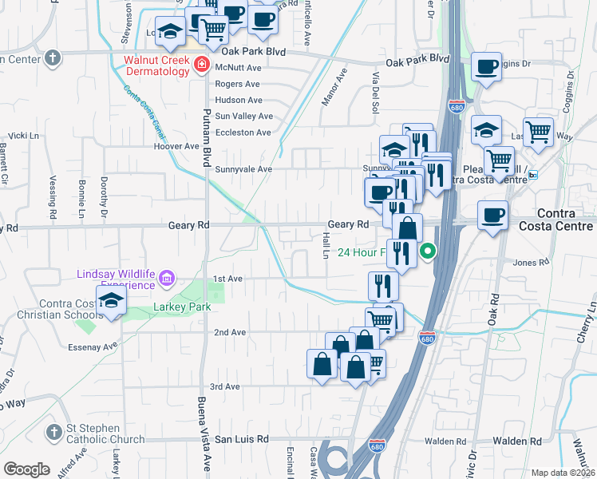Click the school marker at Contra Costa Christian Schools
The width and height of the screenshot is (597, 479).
[x=111, y=301]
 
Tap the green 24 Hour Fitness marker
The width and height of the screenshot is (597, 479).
[x=428, y=253]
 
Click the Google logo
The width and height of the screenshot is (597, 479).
[x=26, y=469]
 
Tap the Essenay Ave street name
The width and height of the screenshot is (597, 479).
[x=93, y=346]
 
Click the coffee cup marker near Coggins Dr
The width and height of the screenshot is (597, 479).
[x=486, y=67]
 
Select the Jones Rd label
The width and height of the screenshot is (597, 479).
[x=532, y=262]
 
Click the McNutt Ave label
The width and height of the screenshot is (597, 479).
[x=238, y=69]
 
